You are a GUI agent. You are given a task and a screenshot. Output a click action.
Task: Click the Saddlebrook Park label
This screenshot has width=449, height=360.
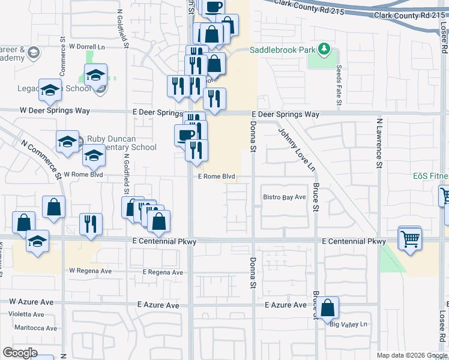click(x=282, y=50)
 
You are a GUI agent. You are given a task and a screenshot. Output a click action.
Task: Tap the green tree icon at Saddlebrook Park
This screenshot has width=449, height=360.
click(x=324, y=47)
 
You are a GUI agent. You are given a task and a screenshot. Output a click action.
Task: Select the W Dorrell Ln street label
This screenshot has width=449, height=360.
click(x=87, y=46)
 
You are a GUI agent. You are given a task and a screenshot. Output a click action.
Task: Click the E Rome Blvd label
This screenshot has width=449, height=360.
click(x=216, y=177)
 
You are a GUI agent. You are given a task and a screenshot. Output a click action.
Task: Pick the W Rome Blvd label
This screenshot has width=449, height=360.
click(x=83, y=175)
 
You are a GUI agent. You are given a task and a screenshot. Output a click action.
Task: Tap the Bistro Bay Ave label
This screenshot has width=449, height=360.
click(x=285, y=197)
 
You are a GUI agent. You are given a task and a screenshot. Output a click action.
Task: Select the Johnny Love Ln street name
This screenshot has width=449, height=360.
click(x=295, y=148)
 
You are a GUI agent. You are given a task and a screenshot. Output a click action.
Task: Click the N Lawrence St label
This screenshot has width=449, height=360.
click(x=379, y=142)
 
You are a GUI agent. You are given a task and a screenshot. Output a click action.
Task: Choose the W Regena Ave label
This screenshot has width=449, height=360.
click(x=91, y=271)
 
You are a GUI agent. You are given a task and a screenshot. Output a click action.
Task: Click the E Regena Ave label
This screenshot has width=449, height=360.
click(x=163, y=272)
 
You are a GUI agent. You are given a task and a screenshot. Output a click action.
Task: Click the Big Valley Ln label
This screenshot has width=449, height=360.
click(x=348, y=325)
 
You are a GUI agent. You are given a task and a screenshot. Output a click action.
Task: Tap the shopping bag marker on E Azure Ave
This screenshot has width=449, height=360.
click(x=328, y=307)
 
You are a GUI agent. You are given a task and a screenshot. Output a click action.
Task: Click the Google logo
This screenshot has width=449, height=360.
click(x=20, y=353)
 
